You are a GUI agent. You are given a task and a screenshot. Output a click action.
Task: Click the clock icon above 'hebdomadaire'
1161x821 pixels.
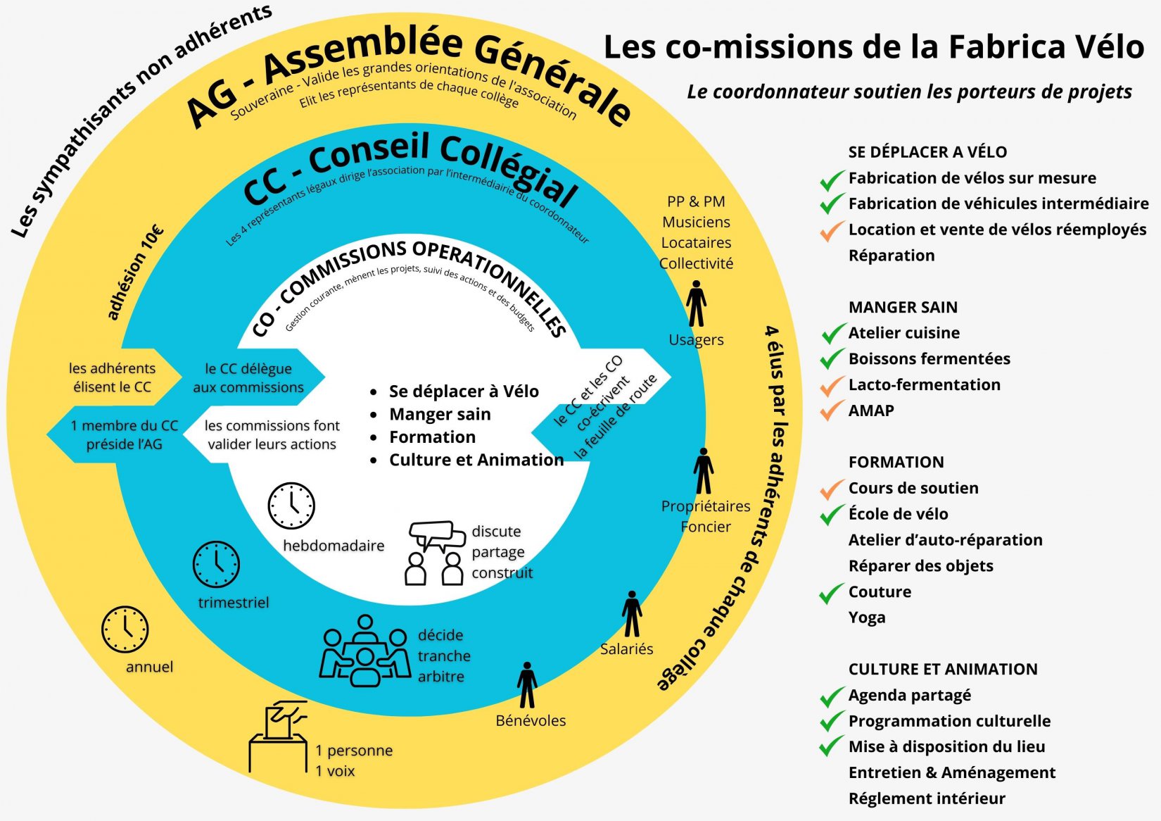(x=291, y=506)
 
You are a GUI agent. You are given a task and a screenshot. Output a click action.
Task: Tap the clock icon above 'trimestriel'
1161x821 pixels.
(x=216, y=564)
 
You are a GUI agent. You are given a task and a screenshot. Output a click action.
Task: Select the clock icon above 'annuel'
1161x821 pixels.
(x=125, y=629)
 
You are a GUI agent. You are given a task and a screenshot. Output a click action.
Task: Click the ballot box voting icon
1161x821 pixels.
(x=278, y=736)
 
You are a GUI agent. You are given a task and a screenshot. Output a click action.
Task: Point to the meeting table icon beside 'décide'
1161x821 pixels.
(x=364, y=651)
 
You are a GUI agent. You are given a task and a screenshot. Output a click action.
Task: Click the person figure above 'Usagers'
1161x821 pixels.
(x=697, y=303)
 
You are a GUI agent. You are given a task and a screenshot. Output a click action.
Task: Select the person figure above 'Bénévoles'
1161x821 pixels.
(x=527, y=685)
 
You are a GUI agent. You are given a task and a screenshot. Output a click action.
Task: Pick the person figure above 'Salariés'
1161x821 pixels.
(x=632, y=614)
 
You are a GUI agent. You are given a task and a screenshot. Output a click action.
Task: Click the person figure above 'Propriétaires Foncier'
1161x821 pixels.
(x=704, y=471)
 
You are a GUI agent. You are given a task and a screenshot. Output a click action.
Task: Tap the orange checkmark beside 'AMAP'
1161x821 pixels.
(x=832, y=410)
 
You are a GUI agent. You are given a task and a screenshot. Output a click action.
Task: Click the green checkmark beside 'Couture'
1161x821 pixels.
(x=832, y=592)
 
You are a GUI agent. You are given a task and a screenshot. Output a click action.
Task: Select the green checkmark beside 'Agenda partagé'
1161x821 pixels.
(x=832, y=696)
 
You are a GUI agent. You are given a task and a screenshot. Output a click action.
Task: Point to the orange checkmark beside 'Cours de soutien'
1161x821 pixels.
(x=832, y=487)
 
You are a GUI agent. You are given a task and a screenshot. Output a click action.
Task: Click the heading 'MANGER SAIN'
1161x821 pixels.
(x=903, y=307)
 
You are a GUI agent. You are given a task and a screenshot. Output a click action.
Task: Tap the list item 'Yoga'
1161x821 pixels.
(x=867, y=618)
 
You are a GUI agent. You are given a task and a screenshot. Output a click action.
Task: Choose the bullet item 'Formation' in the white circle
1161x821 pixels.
(x=432, y=437)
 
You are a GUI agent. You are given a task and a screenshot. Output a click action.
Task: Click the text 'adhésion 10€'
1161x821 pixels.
(x=135, y=272)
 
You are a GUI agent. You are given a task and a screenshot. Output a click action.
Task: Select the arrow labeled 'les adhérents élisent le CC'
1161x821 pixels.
(x=113, y=377)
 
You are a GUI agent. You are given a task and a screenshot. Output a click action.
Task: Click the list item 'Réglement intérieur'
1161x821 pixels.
(x=927, y=798)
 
